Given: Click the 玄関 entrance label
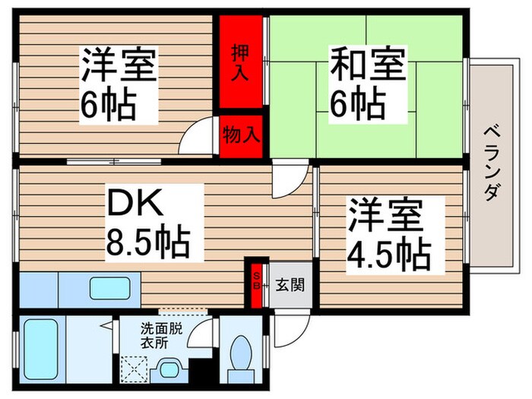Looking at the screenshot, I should click(x=289, y=286).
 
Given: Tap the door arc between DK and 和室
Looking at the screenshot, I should click(x=287, y=182).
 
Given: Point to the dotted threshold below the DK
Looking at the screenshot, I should click(x=182, y=311).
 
